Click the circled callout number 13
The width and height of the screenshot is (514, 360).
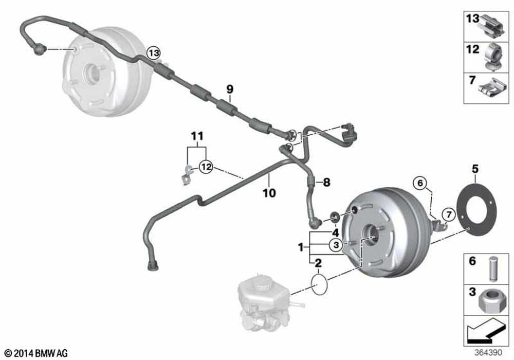click(x=154, y=52)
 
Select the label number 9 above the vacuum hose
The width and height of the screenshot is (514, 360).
click(x=230, y=89)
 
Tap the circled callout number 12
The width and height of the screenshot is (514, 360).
click(x=207, y=167)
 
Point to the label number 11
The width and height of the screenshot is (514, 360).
click(x=197, y=136)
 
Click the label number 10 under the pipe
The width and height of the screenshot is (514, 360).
click(x=269, y=193)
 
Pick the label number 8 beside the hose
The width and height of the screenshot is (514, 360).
click(x=326, y=182)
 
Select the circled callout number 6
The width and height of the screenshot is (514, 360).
click(x=420, y=183)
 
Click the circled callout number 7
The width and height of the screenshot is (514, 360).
click(x=449, y=215)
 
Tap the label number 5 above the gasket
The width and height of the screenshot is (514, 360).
click(x=475, y=169)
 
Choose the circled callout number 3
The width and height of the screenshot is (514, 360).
click(x=336, y=244)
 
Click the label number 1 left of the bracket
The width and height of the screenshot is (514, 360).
click(x=301, y=247)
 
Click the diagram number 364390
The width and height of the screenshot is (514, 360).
click(x=488, y=352)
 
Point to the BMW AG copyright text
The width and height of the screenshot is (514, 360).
click(x=36, y=353)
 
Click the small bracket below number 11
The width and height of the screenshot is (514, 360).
click(x=187, y=175)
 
